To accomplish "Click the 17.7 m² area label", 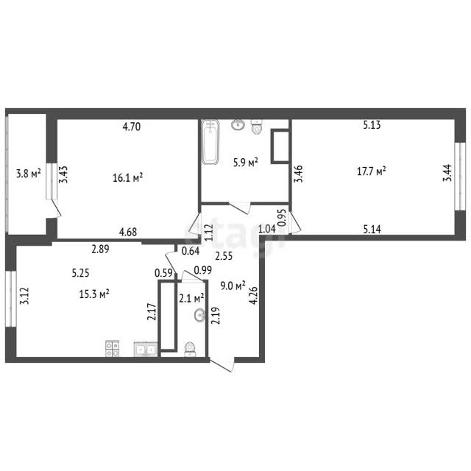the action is pyautogui.click(x=371, y=171).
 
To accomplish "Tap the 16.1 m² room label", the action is pyautogui.click(x=127, y=178).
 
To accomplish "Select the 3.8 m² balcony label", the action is pyautogui.click(x=29, y=174).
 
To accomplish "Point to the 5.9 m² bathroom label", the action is pyautogui.click(x=246, y=163).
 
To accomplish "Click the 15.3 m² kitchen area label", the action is pyautogui.click(x=94, y=294).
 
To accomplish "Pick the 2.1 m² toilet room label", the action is pyautogui.click(x=191, y=298).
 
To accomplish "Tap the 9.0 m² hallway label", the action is pyautogui.click(x=233, y=286).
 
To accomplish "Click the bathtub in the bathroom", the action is pyautogui.click(x=210, y=142).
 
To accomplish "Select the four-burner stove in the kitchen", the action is pyautogui.click(x=113, y=348).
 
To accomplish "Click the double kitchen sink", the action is pyautogui.click(x=146, y=349).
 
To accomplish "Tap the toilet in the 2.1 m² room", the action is pyautogui.click(x=190, y=349).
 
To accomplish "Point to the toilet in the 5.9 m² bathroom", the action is pyautogui.click(x=256, y=127).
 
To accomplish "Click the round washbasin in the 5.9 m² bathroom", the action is pyautogui.click(x=238, y=124).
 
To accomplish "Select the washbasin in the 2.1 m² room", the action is pyautogui.click(x=199, y=316).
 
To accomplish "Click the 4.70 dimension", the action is pyautogui.click(x=132, y=127).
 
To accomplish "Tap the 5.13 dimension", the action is pyautogui.click(x=372, y=124).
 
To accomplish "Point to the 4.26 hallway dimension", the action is pyautogui.click(x=254, y=296).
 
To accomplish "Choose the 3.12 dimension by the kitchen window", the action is pyautogui.click(x=24, y=296).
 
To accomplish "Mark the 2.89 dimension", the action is pyautogui.click(x=100, y=249).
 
